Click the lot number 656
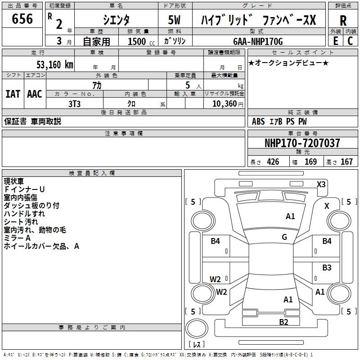pyautogui.click(x=22, y=19)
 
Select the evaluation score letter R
pyautogui.click(x=343, y=21)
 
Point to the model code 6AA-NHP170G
pyautogui.click(x=258, y=41)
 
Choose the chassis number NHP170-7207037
pyautogui.click(x=302, y=143)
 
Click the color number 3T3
pyautogui.click(x=74, y=103)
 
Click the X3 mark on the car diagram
pyautogui.click(x=321, y=184)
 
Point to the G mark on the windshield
pyautogui.click(x=284, y=237)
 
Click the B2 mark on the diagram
pyautogui.click(x=283, y=322)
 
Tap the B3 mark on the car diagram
pyautogui.click(x=327, y=268)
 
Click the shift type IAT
pyautogui.click(x=13, y=94)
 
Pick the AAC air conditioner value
pyautogui.click(x=34, y=94)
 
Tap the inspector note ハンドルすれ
pyautogui.click(x=24, y=214)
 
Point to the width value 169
pyautogui.click(x=310, y=162)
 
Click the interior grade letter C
pyautogui.click(x=350, y=40)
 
